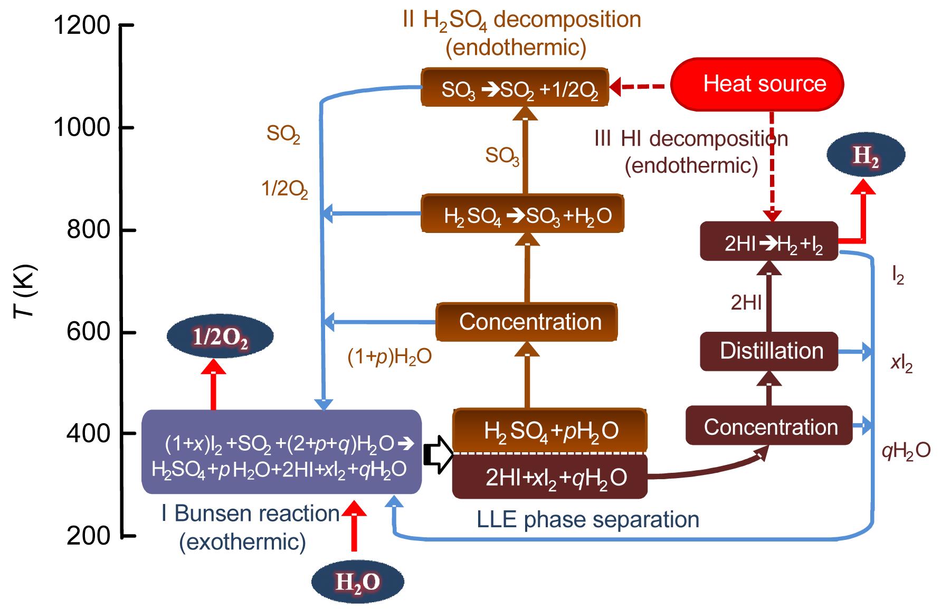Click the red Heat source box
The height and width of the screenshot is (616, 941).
coord(757,84)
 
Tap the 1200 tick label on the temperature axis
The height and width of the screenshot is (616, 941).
coord(82,25)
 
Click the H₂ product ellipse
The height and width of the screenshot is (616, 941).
coord(866,155)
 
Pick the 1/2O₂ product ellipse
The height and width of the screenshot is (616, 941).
coord(220,337)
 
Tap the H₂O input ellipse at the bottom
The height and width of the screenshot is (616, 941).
coord(357,582)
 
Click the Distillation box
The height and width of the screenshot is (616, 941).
coord(769,351)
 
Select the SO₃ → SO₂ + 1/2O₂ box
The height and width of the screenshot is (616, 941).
coord(515,87)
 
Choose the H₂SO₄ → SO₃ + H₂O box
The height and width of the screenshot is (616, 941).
coord(522,214)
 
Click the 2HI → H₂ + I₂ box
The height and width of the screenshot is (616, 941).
coord(769,242)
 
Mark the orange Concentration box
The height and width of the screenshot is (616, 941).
coord(527,322)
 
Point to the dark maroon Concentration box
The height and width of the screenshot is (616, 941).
coord(769,426)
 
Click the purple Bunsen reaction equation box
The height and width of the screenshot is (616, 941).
coord(281,452)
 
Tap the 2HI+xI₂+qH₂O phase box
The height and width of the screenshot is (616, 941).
coord(550,477)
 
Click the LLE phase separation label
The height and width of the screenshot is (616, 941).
coord(587,519)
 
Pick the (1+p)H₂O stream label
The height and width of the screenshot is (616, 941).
coord(389,357)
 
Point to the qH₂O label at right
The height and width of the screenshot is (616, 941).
coord(906,451)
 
